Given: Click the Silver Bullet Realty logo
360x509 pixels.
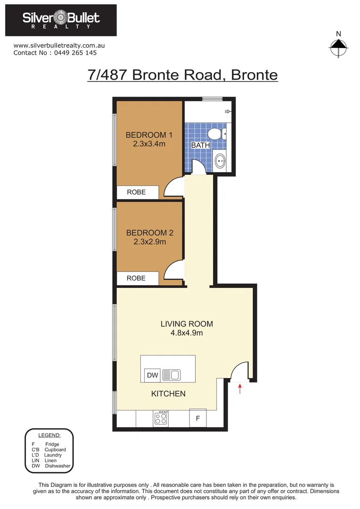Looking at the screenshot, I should [x=62, y=20].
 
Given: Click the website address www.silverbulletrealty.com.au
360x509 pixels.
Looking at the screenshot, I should [x=59, y=46].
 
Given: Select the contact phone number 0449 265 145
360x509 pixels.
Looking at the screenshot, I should [x=69, y=53].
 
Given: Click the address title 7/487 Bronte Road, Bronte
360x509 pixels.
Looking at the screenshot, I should [x=182, y=75].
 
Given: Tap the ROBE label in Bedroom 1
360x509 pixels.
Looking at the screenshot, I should [x=137, y=192].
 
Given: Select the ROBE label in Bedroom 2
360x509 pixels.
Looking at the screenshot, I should [x=137, y=278].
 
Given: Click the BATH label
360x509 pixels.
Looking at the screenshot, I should [x=200, y=145].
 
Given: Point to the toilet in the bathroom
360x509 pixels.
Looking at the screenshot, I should [x=217, y=134].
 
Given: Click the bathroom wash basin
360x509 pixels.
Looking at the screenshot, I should [x=220, y=162].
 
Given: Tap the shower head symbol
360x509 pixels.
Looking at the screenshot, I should [x=228, y=112].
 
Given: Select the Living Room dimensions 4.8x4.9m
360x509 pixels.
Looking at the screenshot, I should [x=187, y=333].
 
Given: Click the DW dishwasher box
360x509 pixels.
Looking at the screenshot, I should [x=152, y=375].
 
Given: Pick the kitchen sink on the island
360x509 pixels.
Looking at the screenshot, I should [x=171, y=375].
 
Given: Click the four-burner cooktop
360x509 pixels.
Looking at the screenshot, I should [x=161, y=419].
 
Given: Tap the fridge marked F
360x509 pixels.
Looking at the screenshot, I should [x=198, y=418].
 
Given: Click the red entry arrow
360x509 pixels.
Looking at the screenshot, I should [x=240, y=389].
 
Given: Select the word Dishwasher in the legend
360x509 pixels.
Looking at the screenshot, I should [x=57, y=466].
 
